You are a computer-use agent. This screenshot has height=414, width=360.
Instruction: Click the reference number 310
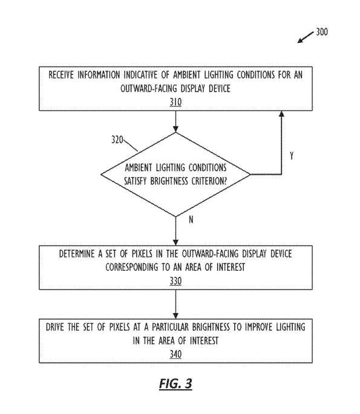click(x=175, y=102)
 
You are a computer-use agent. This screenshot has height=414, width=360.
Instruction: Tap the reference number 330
click(x=175, y=281)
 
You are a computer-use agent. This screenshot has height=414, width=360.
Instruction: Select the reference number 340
click(x=175, y=354)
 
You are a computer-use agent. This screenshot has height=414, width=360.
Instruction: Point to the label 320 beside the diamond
click(x=117, y=140)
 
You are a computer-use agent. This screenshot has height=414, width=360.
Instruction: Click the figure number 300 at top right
click(x=322, y=32)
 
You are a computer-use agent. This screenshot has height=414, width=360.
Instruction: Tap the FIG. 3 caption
click(x=175, y=383)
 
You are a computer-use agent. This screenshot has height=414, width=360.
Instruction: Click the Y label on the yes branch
click(x=291, y=156)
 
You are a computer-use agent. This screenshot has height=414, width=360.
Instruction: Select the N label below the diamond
click(x=191, y=219)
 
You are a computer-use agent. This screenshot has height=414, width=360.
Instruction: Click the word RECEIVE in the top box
click(x=61, y=75)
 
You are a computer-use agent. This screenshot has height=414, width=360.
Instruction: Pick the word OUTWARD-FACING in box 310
click(x=149, y=88)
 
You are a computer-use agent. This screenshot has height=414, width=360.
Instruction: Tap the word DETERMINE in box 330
click(x=77, y=254)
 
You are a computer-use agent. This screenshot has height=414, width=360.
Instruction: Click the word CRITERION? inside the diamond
click(x=209, y=181)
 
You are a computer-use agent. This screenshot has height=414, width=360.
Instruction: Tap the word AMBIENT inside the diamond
click(x=138, y=167)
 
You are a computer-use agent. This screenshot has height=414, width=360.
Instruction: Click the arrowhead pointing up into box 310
click(x=281, y=114)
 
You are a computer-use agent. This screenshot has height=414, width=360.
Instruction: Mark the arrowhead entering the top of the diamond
click(x=175, y=129)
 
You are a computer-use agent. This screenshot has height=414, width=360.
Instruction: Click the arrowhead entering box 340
click(x=175, y=315)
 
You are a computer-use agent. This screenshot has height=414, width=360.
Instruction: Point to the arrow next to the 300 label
click(x=306, y=37)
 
